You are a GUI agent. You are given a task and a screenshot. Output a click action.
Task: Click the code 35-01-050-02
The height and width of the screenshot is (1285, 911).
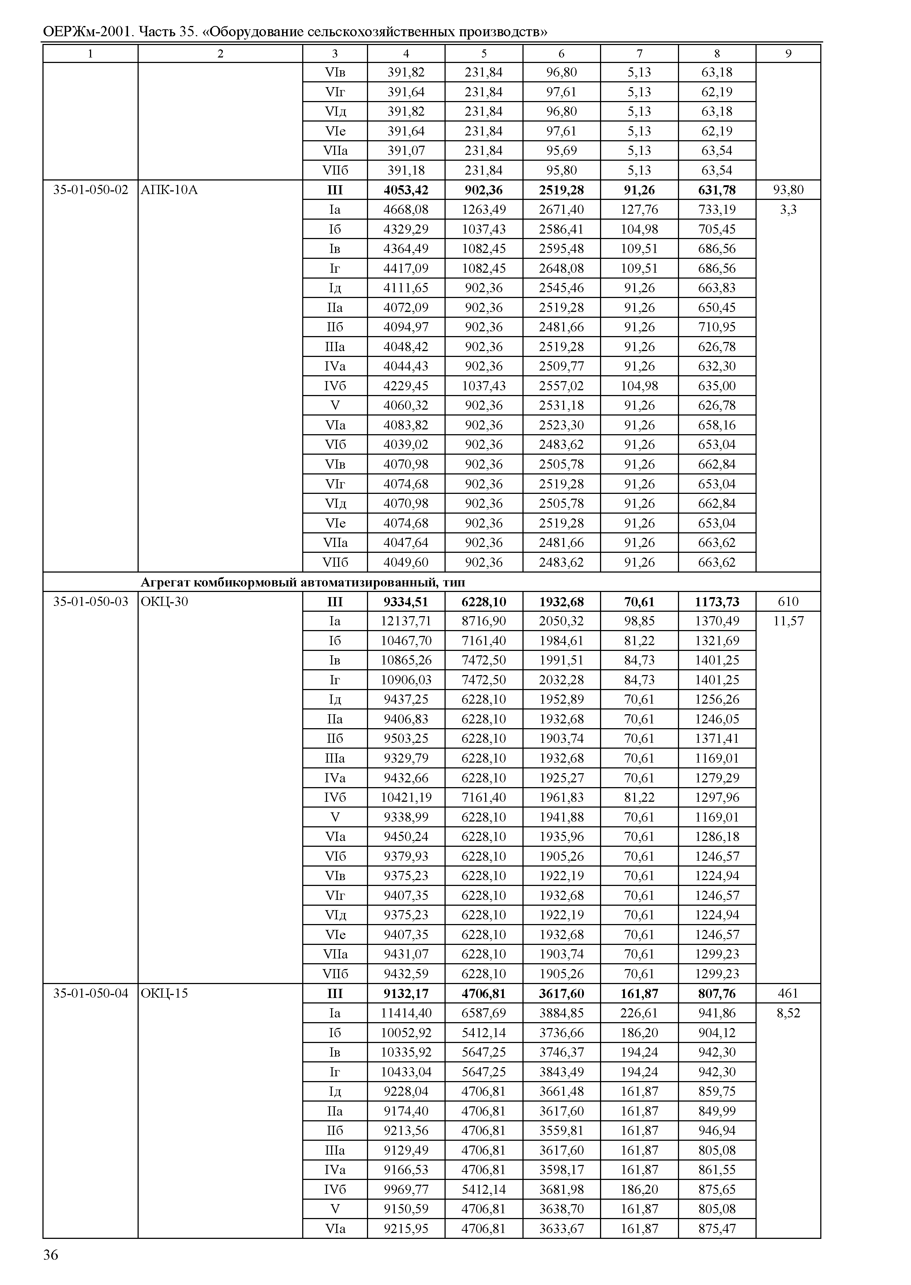[90, 190]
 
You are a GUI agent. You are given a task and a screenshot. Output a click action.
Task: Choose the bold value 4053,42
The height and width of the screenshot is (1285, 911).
[406, 190]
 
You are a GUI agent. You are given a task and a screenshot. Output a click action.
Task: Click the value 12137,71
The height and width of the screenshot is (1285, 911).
[406, 621]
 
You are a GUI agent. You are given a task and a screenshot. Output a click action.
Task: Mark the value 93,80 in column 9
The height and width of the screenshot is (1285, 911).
[788, 190]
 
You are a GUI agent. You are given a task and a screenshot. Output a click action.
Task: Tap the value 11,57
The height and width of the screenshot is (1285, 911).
[788, 621]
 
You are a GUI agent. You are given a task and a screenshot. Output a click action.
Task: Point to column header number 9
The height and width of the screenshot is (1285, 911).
[788, 53]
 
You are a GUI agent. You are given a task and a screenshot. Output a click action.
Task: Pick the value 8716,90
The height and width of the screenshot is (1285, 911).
[484, 621]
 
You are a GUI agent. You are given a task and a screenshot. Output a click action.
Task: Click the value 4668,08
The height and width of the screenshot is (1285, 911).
[406, 209]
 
